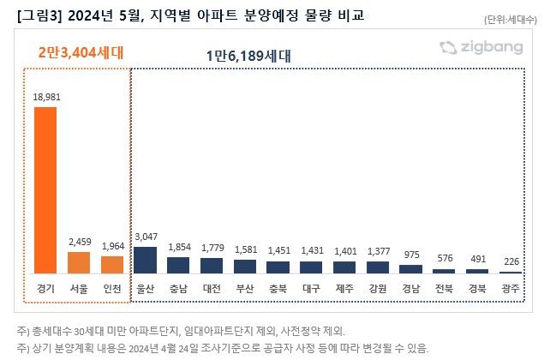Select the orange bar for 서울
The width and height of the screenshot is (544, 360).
click(78, 262)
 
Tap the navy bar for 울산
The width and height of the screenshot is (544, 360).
click(145, 260)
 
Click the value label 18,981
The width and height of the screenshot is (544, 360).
click(45, 97)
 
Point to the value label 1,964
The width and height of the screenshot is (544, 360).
click(111, 246)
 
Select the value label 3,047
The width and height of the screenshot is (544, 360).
click(145, 236)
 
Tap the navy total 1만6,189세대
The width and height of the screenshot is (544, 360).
click(248, 56)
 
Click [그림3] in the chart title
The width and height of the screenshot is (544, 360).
click(38, 15)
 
